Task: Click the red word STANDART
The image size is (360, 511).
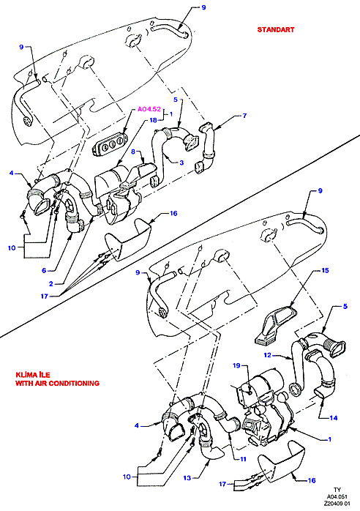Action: pos(276,30)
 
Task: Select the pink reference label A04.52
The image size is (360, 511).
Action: pos(149,109)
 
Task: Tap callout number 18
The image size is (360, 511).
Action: pos(153,120)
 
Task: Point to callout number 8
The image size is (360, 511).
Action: pos(133,152)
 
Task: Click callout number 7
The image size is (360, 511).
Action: pos(244,116)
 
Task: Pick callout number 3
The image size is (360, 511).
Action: pos(181,163)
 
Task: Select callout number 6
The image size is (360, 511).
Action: pos(44,270)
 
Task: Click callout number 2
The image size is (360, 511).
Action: pos(50,284)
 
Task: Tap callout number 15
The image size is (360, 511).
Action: pos(325,270)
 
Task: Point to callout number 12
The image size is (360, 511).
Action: pos(268,354)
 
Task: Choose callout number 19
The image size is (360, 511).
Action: pos(236,365)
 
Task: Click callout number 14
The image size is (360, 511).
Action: pos(333,417)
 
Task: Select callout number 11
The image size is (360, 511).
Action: pos(243,459)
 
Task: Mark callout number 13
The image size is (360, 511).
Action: pos(187,478)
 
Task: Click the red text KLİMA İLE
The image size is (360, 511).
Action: pos(33,375)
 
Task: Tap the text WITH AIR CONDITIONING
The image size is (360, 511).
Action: pos(57,383)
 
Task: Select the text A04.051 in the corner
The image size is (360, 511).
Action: pos(337,496)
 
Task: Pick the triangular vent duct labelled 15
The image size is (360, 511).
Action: pos(276,325)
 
